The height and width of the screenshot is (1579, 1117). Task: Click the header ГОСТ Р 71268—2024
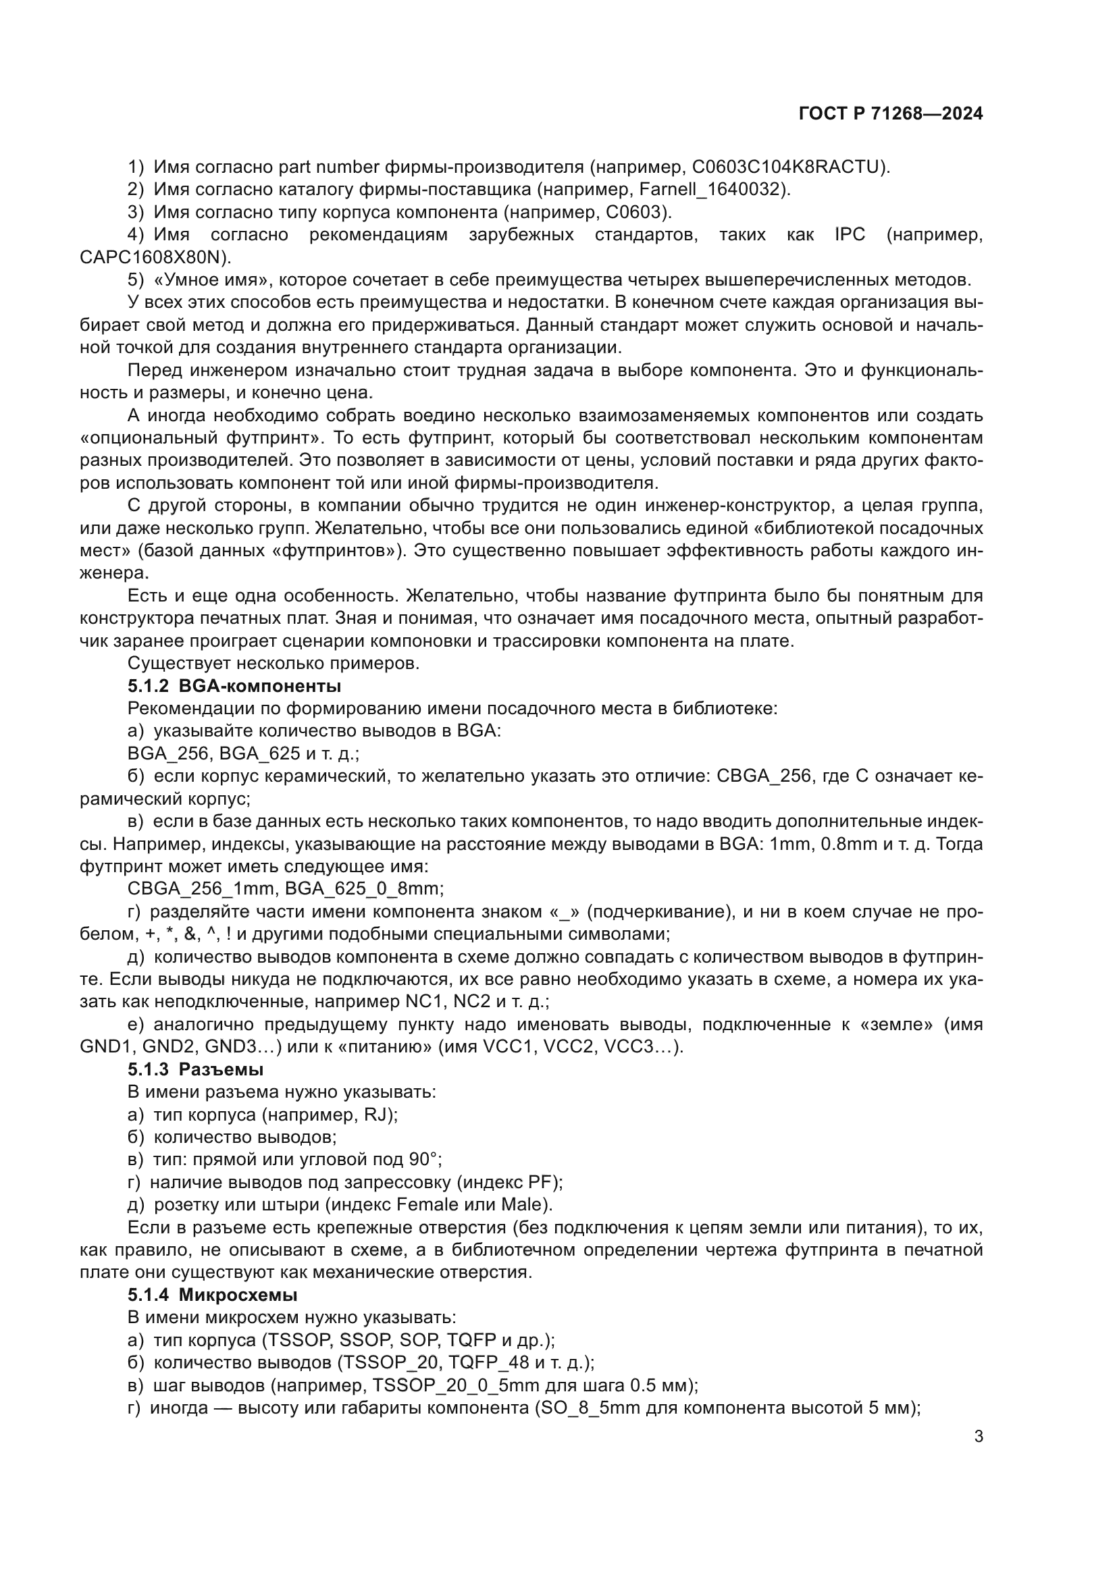[x=890, y=114]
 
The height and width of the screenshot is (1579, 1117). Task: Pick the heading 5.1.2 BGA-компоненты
[x=234, y=687]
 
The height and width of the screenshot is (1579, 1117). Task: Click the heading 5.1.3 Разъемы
[x=195, y=1069]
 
